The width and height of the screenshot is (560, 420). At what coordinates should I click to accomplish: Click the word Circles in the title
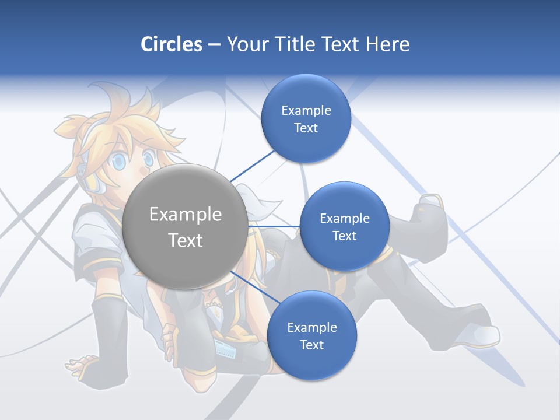click(171, 44)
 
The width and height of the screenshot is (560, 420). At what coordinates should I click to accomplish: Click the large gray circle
click(185, 226)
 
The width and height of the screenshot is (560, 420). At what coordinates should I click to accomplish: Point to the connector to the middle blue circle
click(274, 226)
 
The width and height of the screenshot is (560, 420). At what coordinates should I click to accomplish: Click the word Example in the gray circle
click(185, 215)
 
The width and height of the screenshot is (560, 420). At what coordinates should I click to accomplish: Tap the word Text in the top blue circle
click(306, 128)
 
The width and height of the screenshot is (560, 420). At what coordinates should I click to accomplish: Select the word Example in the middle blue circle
click(344, 219)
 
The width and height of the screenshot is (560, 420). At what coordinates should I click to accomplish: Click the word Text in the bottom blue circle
click(311, 345)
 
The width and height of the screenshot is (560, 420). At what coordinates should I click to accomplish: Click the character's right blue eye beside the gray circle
click(149, 157)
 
